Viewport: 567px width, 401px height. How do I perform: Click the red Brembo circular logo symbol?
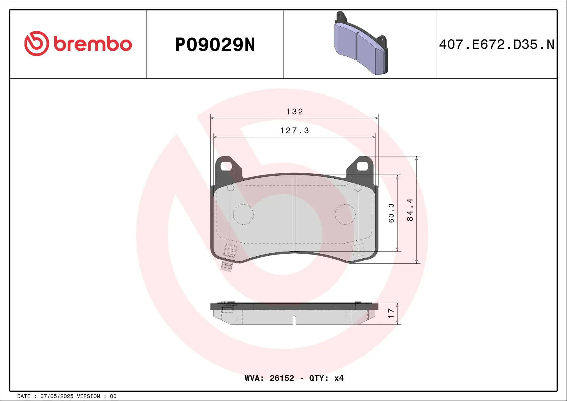coord(37,43)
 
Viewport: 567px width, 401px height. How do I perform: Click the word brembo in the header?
coord(93,44)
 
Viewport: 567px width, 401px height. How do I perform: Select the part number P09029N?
coord(215,45)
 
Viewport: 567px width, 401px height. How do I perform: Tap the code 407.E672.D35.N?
coord(496,45)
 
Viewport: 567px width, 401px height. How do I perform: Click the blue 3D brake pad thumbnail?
coord(361,43)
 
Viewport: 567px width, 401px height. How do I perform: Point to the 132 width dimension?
coord(294,112)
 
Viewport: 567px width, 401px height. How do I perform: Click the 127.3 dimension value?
coord(294,131)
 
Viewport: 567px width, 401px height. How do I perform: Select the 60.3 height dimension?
coord(391,213)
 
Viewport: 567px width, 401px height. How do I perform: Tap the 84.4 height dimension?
coord(410,210)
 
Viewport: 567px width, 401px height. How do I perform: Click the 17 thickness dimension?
coord(391,313)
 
